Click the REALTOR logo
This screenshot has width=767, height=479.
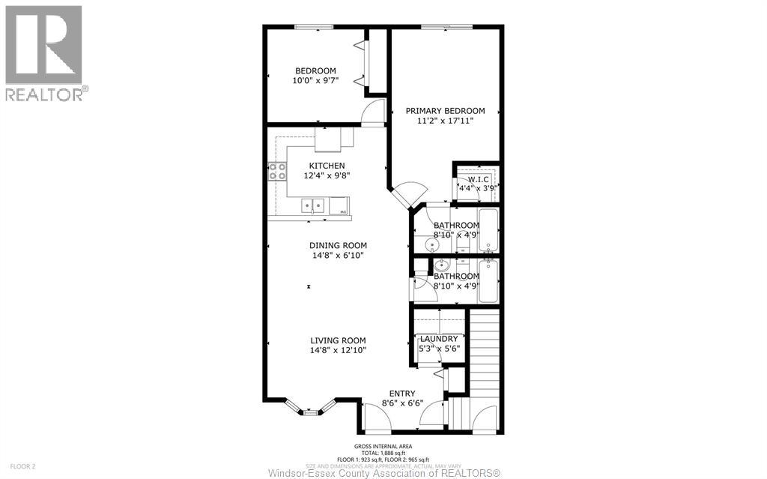click(x=44, y=52)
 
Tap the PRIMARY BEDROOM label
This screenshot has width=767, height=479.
click(x=445, y=111)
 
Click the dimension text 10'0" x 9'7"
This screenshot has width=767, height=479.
click(x=315, y=81)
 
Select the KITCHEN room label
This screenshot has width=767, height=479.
click(x=327, y=166)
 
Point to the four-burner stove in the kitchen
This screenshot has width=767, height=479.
click(x=277, y=172)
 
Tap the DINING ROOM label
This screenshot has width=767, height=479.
click(x=338, y=245)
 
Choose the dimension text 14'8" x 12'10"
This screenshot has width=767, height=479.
click(x=338, y=349)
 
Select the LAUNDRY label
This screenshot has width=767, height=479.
click(x=438, y=339)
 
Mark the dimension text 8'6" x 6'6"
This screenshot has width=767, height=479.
click(x=402, y=403)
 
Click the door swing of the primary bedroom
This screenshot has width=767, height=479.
click(x=407, y=195)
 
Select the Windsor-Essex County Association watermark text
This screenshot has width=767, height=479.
click(x=383, y=472)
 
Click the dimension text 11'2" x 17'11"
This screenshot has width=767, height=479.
click(x=445, y=121)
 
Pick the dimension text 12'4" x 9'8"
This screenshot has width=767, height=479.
click(x=327, y=175)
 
